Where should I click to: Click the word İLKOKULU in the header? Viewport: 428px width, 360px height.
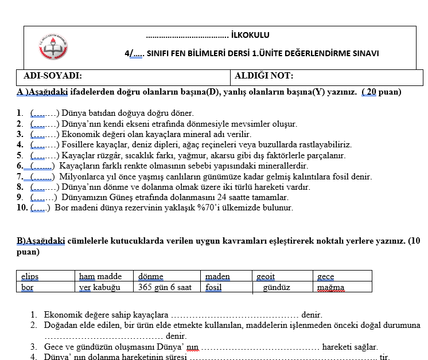click(x=250, y=36)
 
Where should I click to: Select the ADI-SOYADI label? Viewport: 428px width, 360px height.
click(x=52, y=76)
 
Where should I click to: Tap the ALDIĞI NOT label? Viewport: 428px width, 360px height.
click(x=264, y=76)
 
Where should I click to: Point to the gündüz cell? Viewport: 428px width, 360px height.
click(x=277, y=287)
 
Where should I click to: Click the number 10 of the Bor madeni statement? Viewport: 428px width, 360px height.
click(x=22, y=208)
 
